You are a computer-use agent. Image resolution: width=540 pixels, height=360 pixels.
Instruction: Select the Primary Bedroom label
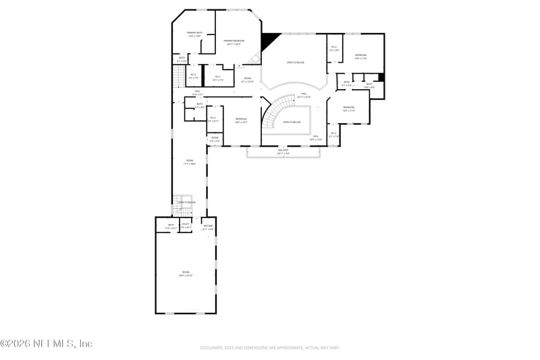[x=234, y=42]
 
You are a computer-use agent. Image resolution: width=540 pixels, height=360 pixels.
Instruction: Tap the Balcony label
[x=283, y=152]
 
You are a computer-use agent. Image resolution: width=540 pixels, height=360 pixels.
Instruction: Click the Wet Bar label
[x=208, y=227]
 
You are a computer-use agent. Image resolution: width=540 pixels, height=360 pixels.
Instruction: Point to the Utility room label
[x=186, y=226]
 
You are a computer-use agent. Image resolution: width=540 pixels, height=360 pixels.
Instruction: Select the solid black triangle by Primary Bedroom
[x=269, y=40]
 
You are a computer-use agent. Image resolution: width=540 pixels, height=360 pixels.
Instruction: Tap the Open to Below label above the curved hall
[x=295, y=62]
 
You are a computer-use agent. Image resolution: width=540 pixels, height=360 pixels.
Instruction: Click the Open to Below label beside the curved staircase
[x=292, y=122]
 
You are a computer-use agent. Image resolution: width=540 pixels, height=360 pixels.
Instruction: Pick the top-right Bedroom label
[x=361, y=56]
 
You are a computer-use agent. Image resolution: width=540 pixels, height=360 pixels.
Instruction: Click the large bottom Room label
[x=186, y=274]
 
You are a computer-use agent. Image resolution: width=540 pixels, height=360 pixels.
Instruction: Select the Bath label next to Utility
[x=171, y=226]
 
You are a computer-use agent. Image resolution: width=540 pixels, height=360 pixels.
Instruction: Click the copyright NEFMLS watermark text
[x=46, y=344]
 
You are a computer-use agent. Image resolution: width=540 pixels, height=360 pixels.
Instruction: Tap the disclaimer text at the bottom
[x=269, y=348]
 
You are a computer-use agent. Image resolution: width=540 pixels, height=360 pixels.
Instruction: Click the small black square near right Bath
[x=381, y=78]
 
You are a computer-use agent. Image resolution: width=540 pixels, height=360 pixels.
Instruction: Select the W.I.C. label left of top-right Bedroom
[x=333, y=49]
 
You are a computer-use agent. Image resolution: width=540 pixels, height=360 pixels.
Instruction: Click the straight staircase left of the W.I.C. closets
[x=179, y=76]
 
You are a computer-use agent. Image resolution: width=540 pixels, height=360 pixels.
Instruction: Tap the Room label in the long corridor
[x=190, y=162]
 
